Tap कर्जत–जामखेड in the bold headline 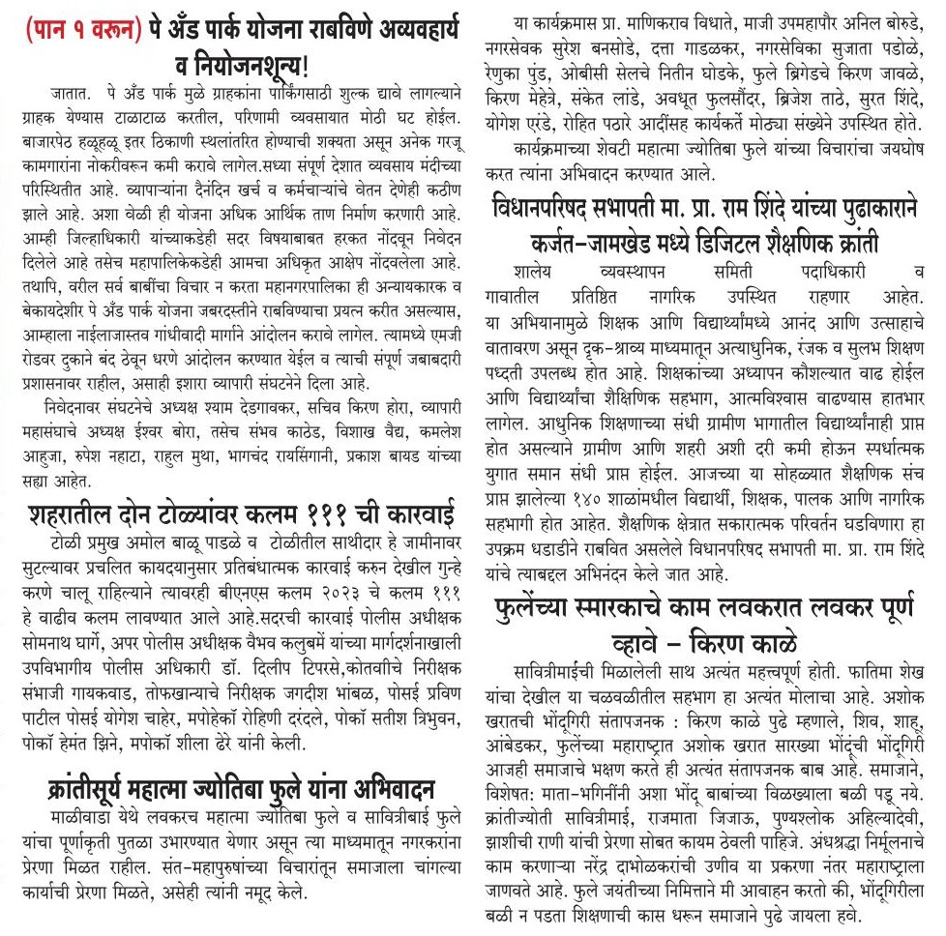(592, 239)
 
